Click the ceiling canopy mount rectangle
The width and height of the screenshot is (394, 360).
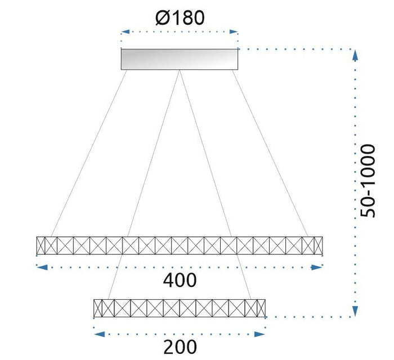[180, 59]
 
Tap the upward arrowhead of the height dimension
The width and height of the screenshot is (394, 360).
[355, 54]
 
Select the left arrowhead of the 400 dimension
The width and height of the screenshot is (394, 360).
[40, 268]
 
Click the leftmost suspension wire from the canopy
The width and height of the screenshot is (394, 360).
[90, 152]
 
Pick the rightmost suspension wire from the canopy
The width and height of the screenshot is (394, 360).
[270, 152]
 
